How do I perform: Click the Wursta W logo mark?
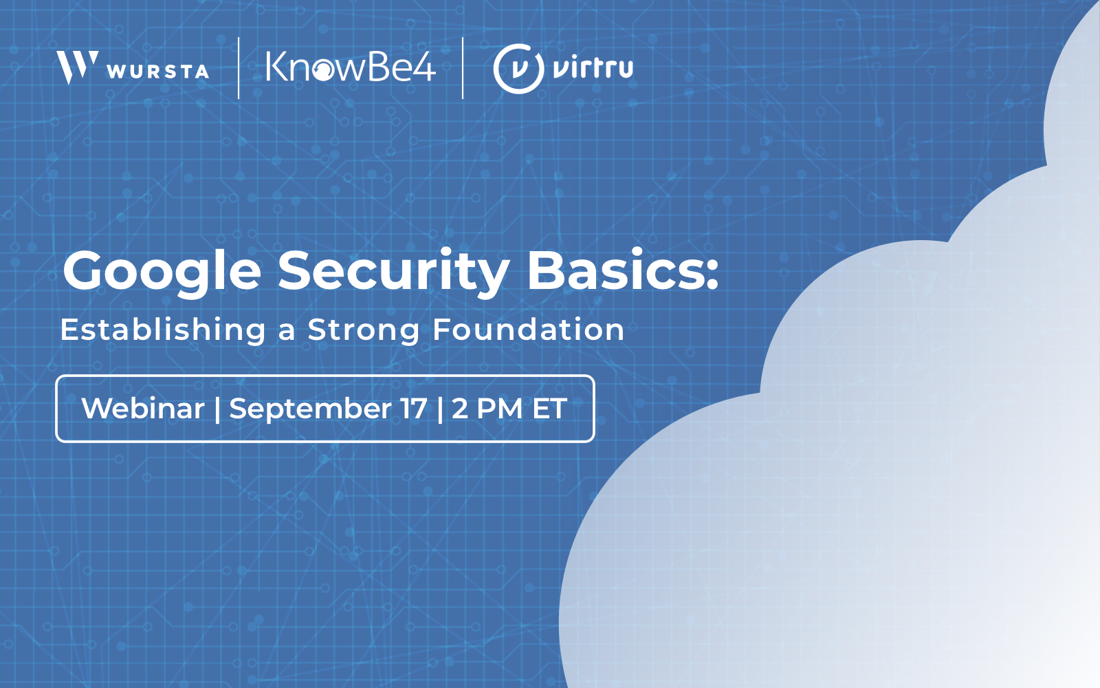pyautogui.click(x=76, y=67)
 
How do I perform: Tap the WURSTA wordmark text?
pyautogui.click(x=158, y=72)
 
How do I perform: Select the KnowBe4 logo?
pyautogui.click(x=351, y=67)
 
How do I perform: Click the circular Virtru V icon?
pyautogui.click(x=518, y=68)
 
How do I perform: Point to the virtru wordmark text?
pyautogui.click(x=593, y=68)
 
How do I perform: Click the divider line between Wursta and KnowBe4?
pyautogui.click(x=239, y=68)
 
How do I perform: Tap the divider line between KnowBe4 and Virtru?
pyautogui.click(x=463, y=68)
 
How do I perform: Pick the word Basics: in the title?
pyautogui.click(x=623, y=270)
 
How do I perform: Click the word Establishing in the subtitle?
pyautogui.click(x=163, y=330)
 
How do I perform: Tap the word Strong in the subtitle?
pyautogui.click(x=363, y=331)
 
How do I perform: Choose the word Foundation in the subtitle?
pyautogui.click(x=528, y=330)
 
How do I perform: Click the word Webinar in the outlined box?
pyautogui.click(x=143, y=409)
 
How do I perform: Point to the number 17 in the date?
pyautogui.click(x=414, y=409)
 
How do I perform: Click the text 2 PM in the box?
pyautogui.click(x=487, y=409)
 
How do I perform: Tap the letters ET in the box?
pyautogui.click(x=549, y=409)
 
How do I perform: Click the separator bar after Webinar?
pyautogui.click(x=217, y=409)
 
